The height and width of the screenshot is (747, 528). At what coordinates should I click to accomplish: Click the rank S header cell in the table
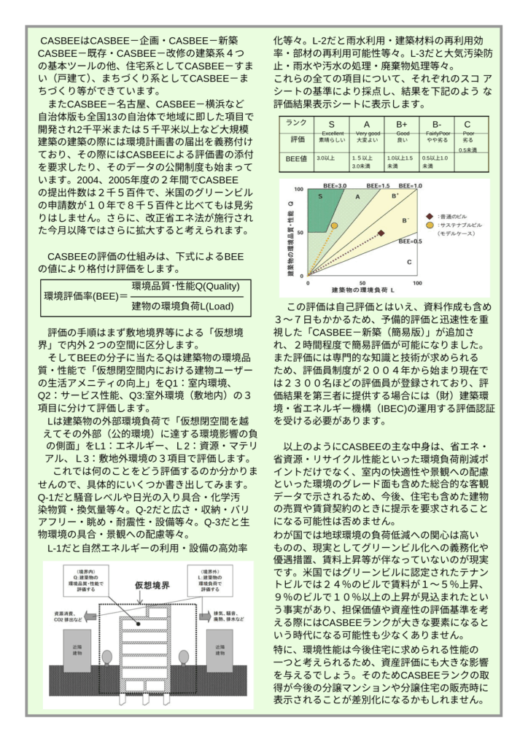coord(331,124)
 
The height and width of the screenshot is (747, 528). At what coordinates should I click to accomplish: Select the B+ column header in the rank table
coord(402,124)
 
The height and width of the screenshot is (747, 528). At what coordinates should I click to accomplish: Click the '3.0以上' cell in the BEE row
coord(325,158)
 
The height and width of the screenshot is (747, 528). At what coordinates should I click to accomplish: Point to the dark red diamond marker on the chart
coord(381,233)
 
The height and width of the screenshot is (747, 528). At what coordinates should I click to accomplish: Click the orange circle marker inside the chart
coord(334,225)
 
